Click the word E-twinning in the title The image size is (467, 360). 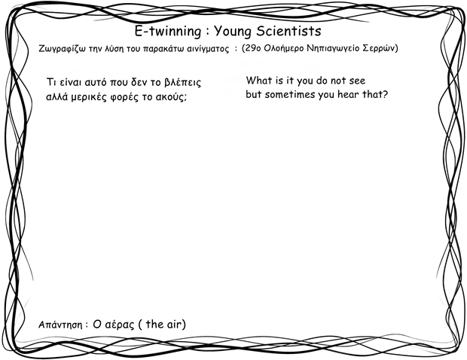(168, 32)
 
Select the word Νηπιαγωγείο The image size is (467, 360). (333, 48)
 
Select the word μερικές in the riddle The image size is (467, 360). (89, 97)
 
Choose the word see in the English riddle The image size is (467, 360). (357, 81)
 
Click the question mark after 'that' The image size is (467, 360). (385, 94)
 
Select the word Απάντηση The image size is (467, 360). (60, 325)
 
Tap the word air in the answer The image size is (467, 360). (174, 324)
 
